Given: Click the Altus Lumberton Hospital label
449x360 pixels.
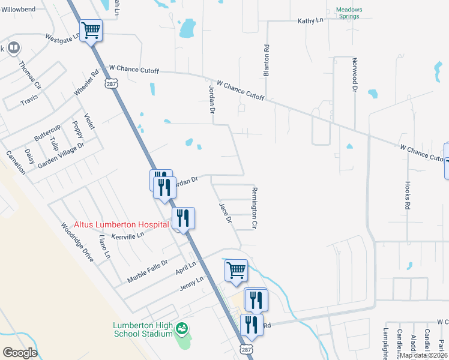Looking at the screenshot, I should pyautogui.click(x=121, y=224).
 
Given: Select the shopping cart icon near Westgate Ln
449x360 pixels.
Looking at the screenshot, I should pyautogui.click(x=91, y=30).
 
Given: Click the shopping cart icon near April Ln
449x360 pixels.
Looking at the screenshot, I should pyautogui.click(x=236, y=270).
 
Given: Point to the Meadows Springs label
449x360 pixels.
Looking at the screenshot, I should pyautogui.click(x=348, y=13).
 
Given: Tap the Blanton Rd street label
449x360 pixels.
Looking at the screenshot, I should pyautogui.click(x=266, y=60).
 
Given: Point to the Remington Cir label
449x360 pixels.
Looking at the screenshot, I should pyautogui.click(x=254, y=208).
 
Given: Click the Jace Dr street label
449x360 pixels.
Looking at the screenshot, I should pyautogui.click(x=225, y=212).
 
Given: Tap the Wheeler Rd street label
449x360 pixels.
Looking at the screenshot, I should pyautogui.click(x=86, y=83).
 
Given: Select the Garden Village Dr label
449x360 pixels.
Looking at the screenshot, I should pyautogui.click(x=61, y=155).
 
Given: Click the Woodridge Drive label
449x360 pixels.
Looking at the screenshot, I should pyautogui.click(x=77, y=242).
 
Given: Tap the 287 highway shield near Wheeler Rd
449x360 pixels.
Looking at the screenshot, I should pyautogui.click(x=112, y=82).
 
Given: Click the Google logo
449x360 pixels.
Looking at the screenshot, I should pyautogui.click(x=19, y=353).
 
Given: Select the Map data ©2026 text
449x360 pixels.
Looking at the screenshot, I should pyautogui.click(x=424, y=355).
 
